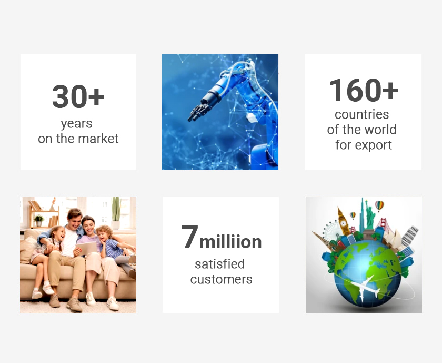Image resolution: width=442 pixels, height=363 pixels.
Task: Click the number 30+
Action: tap(78, 96)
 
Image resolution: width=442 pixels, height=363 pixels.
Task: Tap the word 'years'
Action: tap(76, 124)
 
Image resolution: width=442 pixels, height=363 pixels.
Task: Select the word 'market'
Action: tap(98, 139)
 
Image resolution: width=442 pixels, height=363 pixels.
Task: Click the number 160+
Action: tap(364, 90)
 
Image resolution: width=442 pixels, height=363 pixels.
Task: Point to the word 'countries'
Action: tap(361, 115)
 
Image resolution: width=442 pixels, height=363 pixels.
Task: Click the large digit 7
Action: tap(190, 237)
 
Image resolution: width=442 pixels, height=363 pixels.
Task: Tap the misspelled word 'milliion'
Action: tap(230, 242)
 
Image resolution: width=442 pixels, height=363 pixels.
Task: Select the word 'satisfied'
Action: tap(219, 264)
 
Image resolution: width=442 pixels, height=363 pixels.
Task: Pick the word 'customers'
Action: tap(222, 279)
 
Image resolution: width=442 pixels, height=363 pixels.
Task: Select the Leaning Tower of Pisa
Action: tap(409, 236)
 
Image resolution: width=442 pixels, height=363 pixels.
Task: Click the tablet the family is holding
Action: tap(86, 248)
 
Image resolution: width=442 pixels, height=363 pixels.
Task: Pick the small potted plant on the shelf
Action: tap(38, 220)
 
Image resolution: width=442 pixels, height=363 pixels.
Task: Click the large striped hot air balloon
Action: tap(379, 206)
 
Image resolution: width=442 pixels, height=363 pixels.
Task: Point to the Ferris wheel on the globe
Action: tap(332, 231)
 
